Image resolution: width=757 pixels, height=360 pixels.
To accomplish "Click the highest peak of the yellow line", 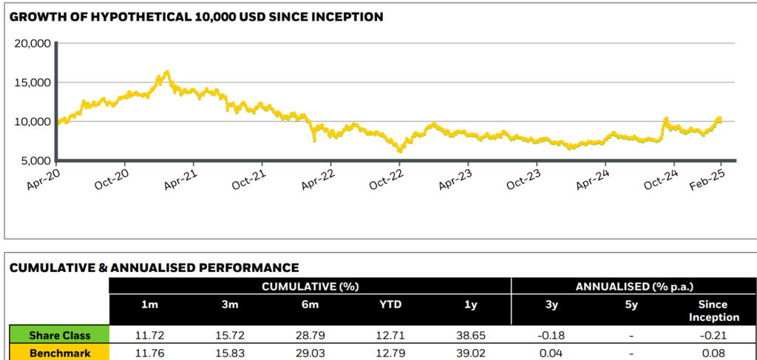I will tap(167, 72).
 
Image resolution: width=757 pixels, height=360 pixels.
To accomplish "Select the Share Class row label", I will tap(59, 336).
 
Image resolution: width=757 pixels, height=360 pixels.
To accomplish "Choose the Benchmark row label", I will tap(59, 353).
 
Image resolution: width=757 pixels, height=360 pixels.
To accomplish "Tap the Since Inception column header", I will tap(713, 310).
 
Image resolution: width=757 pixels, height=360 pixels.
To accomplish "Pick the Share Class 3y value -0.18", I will tap(551, 336).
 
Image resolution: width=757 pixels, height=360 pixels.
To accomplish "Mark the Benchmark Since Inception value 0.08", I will tap(713, 353).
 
